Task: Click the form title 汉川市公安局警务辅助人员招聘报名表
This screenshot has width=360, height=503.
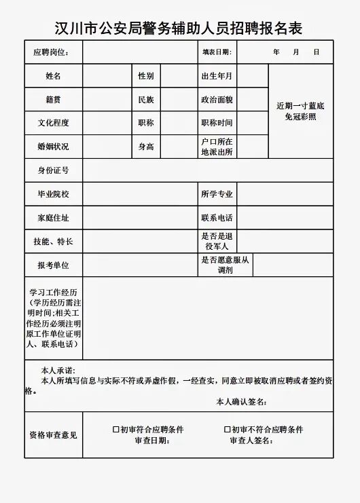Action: [179, 28]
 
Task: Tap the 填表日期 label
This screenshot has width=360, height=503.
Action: [217, 52]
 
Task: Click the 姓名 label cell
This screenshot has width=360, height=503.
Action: [54, 76]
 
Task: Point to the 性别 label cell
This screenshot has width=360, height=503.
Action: [146, 76]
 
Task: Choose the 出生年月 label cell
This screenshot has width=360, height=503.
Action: [217, 76]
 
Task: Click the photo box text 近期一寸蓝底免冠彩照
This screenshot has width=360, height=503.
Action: [301, 111]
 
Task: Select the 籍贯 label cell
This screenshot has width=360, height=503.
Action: [54, 100]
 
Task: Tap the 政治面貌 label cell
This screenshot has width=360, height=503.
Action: [217, 100]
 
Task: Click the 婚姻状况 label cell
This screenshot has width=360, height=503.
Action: [54, 147]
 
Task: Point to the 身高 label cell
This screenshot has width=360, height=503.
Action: [146, 147]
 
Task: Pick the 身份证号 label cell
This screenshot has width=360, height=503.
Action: [54, 170]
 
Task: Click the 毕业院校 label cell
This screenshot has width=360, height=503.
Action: [54, 194]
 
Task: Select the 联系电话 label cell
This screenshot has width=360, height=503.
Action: [217, 218]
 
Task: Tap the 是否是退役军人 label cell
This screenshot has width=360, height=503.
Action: [217, 241]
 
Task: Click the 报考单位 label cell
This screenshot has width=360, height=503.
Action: [54, 265]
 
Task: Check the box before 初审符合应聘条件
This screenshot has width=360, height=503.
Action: [115, 430]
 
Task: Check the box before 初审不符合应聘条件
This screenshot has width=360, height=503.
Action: [227, 430]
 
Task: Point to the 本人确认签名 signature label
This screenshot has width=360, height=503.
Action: [240, 402]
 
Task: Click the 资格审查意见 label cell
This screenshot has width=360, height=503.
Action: [54, 435]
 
